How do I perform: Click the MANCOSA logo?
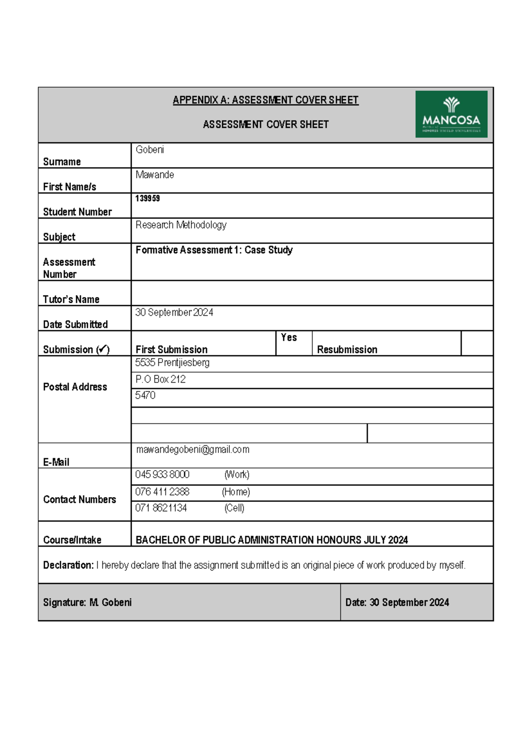(451, 114)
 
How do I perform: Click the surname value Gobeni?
(150, 150)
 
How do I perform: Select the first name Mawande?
(155, 175)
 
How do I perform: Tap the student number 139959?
(148, 199)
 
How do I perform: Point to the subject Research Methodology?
(181, 225)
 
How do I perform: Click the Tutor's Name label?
(71, 299)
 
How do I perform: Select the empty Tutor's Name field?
(312, 293)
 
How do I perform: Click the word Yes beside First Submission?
(289, 337)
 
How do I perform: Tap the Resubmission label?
(347, 349)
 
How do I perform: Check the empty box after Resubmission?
(477, 343)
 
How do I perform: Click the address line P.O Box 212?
(160, 380)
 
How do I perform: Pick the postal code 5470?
(145, 395)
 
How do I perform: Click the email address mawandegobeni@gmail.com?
(193, 450)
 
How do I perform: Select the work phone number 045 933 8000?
(162, 474)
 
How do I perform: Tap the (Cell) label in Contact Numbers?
(234, 508)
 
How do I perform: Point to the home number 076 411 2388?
(162, 492)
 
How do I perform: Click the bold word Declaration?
(68, 565)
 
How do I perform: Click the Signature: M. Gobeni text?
(87, 602)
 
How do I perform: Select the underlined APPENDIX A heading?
(266, 100)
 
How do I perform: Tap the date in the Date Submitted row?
(174, 313)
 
